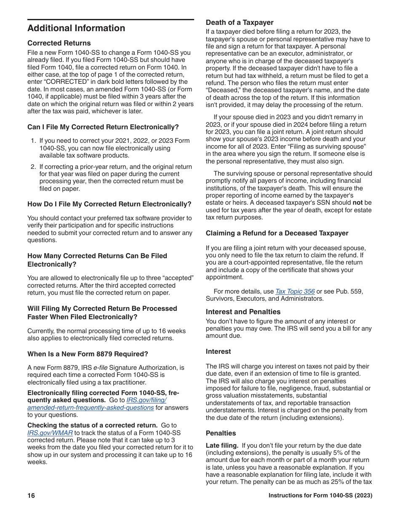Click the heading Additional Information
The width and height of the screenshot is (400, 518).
coord(76,28)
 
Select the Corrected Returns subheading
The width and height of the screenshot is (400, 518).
coord(59,43)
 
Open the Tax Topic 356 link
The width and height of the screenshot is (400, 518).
coord(295,291)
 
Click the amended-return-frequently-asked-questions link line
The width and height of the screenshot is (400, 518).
coord(91,407)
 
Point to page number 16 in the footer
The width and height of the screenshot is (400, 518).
coord(31,496)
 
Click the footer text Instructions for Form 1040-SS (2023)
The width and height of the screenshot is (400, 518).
coord(320,496)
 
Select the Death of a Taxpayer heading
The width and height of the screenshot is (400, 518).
coord(240,23)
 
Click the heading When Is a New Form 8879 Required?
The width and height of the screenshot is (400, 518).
coord(88,354)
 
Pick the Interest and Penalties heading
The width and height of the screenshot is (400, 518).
coord(243,312)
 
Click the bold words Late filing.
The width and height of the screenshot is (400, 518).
coord(222,445)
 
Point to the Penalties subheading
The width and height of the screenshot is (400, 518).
coord(221,433)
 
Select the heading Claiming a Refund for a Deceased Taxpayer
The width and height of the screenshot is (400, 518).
coord(277,233)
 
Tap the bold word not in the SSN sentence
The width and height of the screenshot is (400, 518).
coord(357,203)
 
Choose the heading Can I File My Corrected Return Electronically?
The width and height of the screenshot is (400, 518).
coord(103,127)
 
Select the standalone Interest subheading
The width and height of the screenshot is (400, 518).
coord(218,351)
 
